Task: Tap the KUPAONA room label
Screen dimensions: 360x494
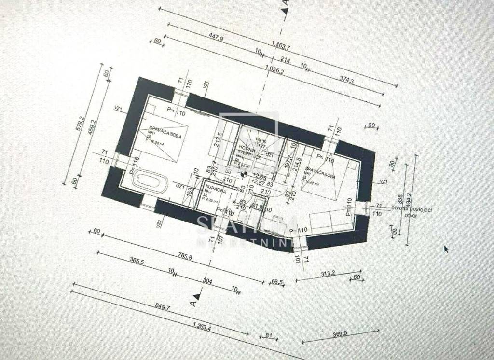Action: (213, 186)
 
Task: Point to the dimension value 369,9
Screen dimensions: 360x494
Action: (343, 336)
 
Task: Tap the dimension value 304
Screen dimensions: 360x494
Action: (207, 282)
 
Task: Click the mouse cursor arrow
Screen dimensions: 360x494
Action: (446, 249)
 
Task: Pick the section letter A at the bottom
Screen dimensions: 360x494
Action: (192, 303)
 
